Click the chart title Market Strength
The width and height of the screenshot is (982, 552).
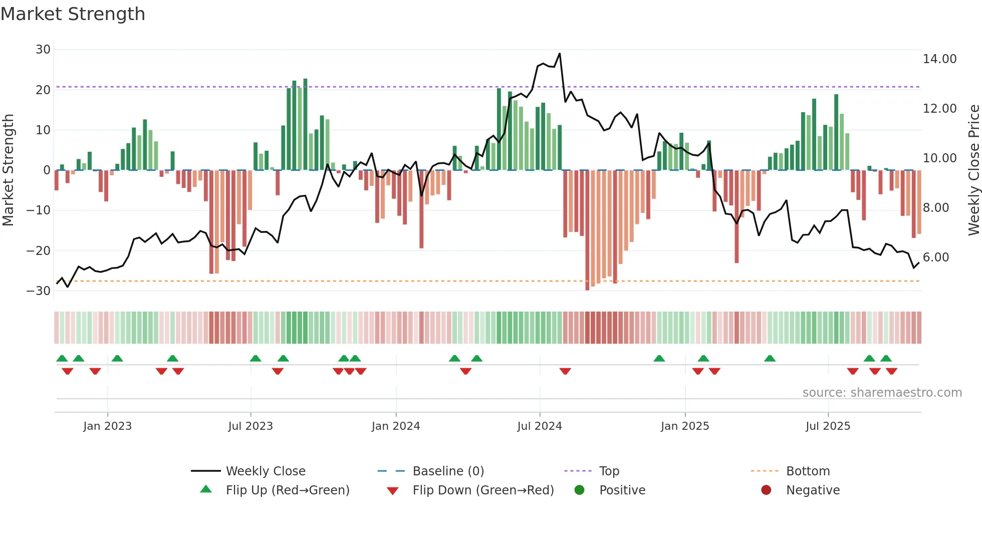click(73, 14)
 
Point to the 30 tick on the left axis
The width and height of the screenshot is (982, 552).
click(43, 50)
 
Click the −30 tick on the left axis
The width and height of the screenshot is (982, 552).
click(39, 291)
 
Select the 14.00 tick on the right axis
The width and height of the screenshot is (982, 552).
click(939, 59)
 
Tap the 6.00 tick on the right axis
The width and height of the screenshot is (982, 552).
click(935, 257)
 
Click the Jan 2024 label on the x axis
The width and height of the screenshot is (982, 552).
click(395, 426)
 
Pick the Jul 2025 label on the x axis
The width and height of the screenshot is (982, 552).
click(828, 426)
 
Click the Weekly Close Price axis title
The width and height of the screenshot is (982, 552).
click(973, 170)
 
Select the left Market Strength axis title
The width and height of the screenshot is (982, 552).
click(9, 170)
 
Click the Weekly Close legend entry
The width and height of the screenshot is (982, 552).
click(265, 471)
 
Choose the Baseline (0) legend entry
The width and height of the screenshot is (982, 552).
click(448, 471)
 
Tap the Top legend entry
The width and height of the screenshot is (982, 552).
click(609, 471)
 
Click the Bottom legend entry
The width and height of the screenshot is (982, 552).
click(808, 471)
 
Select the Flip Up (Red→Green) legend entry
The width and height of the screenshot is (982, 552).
click(287, 490)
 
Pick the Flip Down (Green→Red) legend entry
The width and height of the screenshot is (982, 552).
click(483, 490)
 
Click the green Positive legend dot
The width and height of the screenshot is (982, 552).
click(579, 490)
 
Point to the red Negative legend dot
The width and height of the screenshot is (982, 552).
click(766, 490)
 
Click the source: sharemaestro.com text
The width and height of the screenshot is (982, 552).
click(882, 393)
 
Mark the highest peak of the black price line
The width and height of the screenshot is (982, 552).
click(560, 54)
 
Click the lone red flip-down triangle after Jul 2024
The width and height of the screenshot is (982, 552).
click(565, 371)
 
